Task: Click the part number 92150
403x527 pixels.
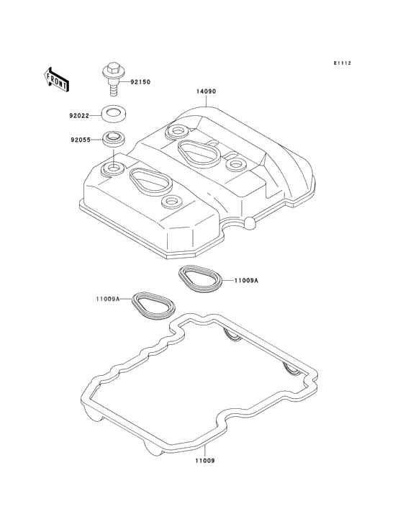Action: tap(140, 82)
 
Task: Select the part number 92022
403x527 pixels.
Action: tap(79, 116)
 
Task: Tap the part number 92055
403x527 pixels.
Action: tap(81, 140)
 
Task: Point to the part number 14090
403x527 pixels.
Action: tap(206, 91)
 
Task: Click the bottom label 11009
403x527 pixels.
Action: tap(204, 461)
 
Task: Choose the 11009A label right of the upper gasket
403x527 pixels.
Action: tap(246, 281)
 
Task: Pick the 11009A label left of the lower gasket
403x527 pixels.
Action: tap(108, 299)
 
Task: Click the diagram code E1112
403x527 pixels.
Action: tap(343, 63)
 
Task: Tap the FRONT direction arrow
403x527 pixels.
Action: tap(56, 79)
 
